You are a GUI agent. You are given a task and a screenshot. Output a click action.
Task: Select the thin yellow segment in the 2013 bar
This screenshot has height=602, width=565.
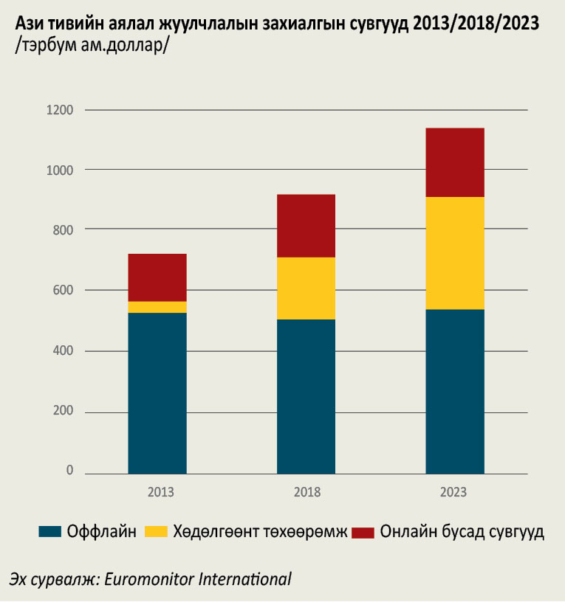tap(157, 307)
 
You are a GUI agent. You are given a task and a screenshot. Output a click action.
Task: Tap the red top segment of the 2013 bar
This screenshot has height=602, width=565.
tap(157, 277)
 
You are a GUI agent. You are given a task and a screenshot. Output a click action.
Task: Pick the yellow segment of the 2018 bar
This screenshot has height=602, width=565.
tap(306, 288)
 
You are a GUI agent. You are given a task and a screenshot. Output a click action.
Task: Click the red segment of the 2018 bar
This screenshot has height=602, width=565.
tap(306, 226)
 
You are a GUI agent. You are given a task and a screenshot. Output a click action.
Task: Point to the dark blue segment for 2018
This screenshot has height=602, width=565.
tap(306, 396)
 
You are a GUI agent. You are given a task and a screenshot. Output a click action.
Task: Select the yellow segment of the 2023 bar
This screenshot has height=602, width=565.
tap(455, 253)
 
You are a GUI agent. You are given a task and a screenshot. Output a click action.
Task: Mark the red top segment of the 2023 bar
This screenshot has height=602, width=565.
tap(455, 162)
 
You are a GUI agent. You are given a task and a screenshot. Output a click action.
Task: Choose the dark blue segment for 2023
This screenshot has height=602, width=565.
tap(455, 391)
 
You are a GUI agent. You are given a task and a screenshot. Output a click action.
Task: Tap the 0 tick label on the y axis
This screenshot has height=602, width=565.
tap(69, 471)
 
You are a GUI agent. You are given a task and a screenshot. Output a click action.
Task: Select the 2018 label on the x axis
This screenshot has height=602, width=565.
tap(306, 492)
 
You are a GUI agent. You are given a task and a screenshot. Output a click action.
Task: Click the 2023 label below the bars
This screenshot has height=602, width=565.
tap(454, 492)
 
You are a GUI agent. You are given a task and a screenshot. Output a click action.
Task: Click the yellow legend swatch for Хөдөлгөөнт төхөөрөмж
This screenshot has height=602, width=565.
tap(156, 531)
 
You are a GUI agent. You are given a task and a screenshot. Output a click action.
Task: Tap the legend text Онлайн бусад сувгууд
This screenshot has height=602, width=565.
tap(463, 533)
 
